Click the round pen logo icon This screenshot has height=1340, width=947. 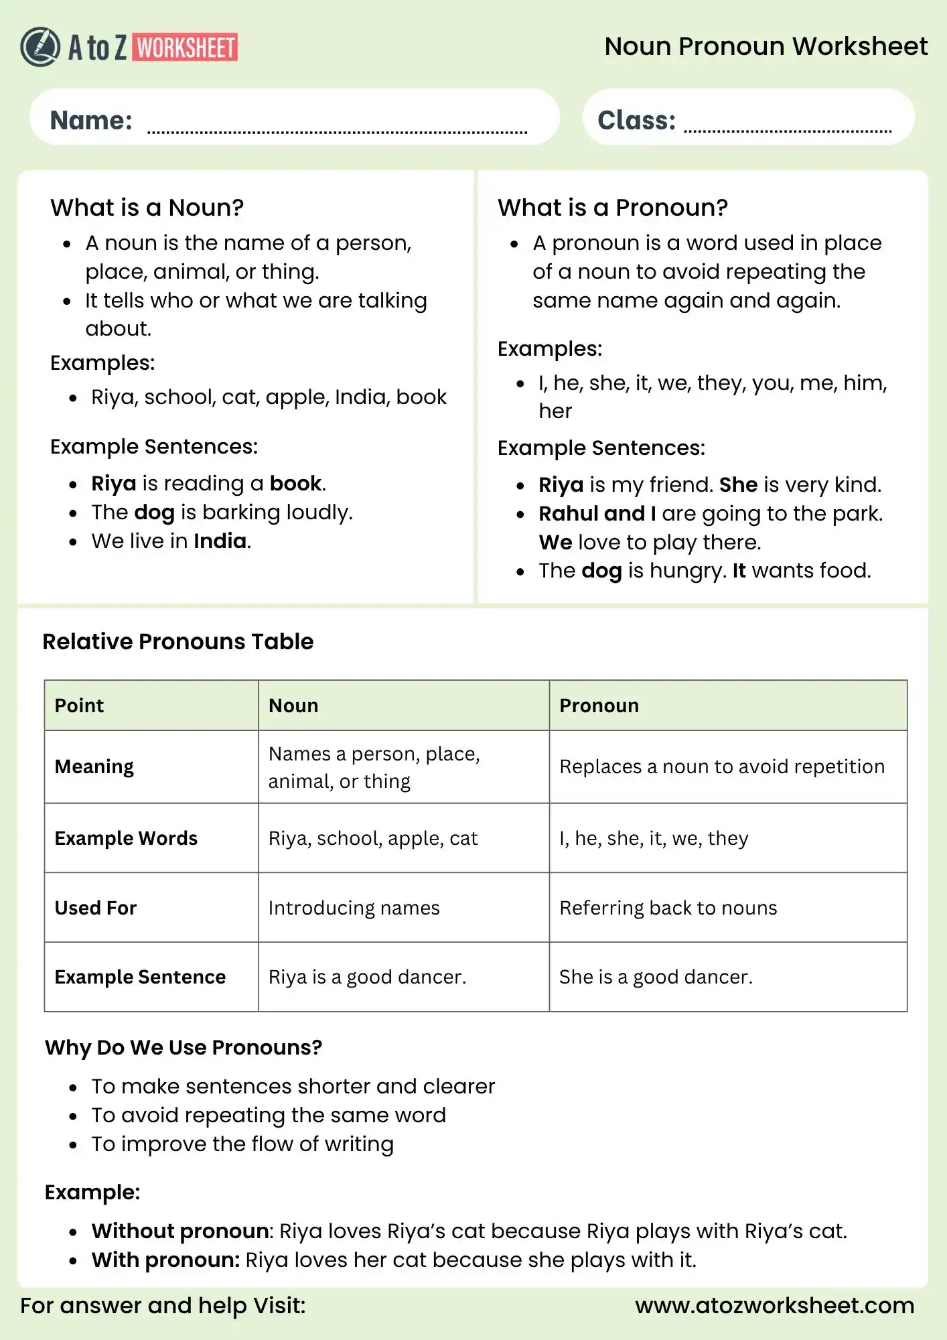[40, 47]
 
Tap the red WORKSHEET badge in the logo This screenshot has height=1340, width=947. [186, 48]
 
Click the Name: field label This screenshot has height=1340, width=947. [91, 121]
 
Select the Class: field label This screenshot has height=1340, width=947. [636, 121]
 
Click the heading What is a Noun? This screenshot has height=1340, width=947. [147, 208]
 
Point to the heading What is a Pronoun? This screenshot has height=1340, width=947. [612, 208]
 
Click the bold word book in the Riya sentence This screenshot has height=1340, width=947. [295, 483]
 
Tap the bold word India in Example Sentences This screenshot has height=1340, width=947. [220, 541]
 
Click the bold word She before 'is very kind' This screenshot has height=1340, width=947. [738, 484]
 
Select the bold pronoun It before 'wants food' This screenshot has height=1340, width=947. [739, 570]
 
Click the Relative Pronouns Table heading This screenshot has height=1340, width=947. [178, 641]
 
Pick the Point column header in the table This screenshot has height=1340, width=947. [79, 706]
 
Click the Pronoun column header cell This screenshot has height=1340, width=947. [599, 706]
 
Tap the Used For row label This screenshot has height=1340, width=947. [96, 908]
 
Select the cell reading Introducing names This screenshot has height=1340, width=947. [354, 908]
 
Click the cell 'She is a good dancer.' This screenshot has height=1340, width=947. [656, 977]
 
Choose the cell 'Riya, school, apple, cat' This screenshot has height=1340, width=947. [373, 838]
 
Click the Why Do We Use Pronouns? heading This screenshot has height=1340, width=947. [184, 1047]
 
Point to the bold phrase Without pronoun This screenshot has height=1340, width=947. [180, 1231]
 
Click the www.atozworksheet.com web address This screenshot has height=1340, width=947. [774, 1305]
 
